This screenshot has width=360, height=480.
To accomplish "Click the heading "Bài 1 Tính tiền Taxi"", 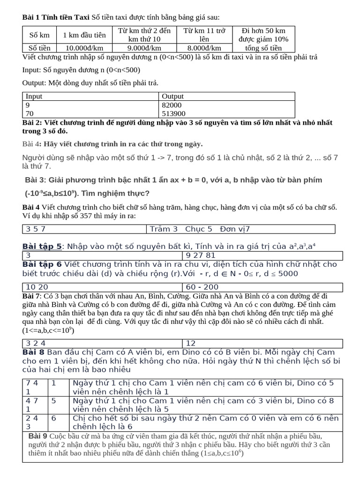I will (56, 17).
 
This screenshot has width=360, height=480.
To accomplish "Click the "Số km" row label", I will (39, 35).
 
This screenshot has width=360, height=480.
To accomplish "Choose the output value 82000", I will (172, 105).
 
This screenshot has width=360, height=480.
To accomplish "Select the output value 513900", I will (173, 113).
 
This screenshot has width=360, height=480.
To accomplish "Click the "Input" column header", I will (34, 97).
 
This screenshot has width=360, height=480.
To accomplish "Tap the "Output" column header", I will (172, 97).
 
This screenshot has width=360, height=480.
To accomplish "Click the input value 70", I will (30, 113).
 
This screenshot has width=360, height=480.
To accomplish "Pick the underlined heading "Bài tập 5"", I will (42, 246).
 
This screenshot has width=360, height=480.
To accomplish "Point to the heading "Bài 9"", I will (38, 436).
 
